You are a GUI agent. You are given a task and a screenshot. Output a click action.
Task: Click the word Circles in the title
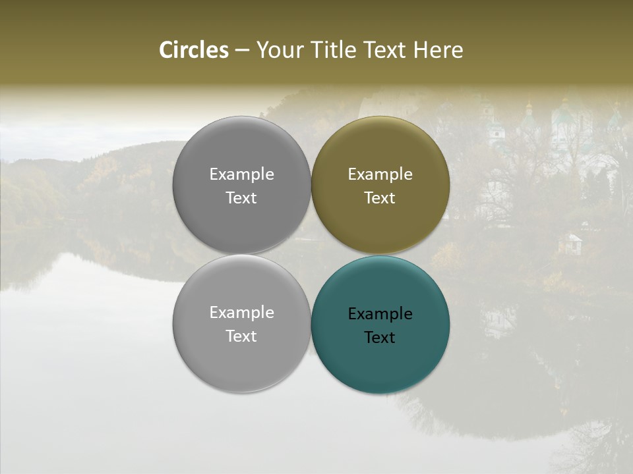(x=193, y=50)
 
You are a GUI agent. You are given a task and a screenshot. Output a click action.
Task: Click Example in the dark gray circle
(x=241, y=174)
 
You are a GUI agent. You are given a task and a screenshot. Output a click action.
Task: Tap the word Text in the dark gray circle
(x=241, y=198)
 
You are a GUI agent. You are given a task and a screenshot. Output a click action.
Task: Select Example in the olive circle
(x=380, y=174)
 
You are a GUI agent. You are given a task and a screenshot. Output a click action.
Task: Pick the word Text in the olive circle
(x=380, y=198)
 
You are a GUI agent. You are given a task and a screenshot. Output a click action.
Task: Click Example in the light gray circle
(x=241, y=313)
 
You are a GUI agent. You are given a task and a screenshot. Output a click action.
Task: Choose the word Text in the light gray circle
(x=241, y=336)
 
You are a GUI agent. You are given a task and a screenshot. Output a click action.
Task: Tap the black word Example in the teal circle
(x=380, y=314)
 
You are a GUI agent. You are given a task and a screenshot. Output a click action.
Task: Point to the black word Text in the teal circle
(x=380, y=338)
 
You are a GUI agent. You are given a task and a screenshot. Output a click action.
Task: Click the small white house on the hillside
(x=570, y=243)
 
